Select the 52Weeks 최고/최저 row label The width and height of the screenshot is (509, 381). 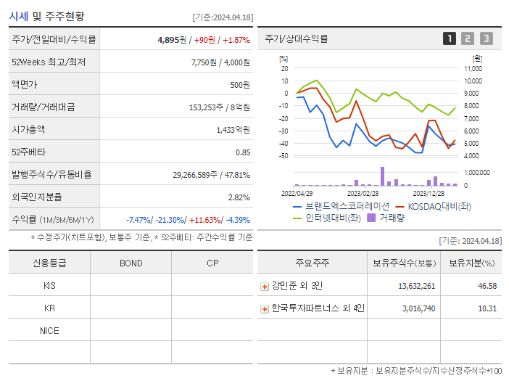click(x=49, y=62)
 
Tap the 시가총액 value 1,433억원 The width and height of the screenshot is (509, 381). click(x=233, y=130)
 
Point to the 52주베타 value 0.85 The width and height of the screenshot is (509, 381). click(x=243, y=152)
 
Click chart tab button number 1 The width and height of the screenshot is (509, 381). click(x=450, y=39)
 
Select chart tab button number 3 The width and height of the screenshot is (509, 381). click(x=486, y=39)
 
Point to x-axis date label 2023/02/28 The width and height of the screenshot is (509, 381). click(x=363, y=194)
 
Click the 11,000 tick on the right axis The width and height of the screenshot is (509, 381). click(x=473, y=68)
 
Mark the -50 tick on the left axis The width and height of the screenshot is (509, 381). click(x=284, y=156)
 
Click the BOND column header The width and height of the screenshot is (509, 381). click(x=131, y=263)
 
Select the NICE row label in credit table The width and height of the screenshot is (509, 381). click(x=49, y=330)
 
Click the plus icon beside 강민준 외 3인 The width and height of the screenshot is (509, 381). click(x=265, y=287)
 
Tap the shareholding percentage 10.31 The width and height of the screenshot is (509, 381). click(x=487, y=308)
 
